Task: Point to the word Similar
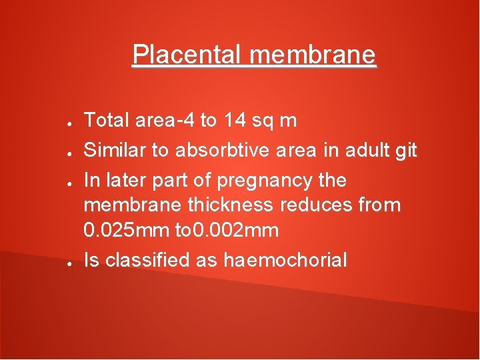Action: click(114, 151)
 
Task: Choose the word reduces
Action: click(319, 205)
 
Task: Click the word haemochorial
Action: click(285, 260)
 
